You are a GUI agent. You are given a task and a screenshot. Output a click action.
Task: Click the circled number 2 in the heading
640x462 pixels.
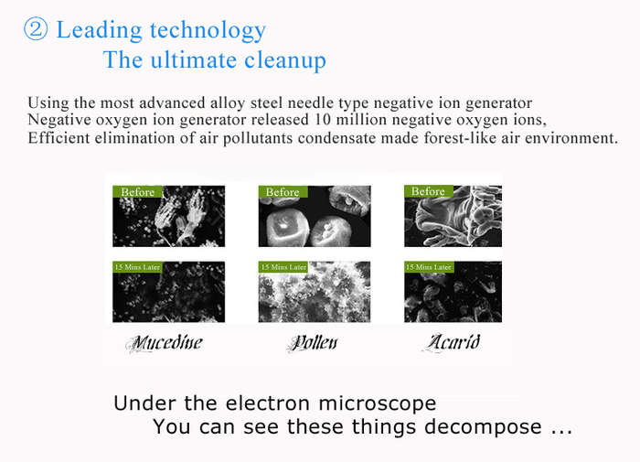[36, 29]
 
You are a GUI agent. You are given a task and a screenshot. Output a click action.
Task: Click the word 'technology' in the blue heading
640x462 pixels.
[208, 31]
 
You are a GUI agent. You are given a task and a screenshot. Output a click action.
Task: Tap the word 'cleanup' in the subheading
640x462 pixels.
[285, 61]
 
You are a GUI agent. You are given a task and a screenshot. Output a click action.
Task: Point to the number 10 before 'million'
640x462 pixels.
[322, 120]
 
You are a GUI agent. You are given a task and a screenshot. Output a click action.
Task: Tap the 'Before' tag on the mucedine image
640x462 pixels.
[137, 192]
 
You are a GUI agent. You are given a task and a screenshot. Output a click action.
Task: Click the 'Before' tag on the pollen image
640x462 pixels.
[283, 192]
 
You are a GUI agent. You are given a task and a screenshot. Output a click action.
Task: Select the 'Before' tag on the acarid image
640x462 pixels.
[428, 191]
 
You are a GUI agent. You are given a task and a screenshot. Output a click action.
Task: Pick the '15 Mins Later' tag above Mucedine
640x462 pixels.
[137, 267]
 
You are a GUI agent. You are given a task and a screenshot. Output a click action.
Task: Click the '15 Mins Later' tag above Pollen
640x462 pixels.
[283, 267]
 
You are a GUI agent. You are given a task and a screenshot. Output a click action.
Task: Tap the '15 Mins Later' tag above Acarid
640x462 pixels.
[429, 267]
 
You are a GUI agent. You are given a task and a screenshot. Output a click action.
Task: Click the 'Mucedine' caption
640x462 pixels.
[165, 343]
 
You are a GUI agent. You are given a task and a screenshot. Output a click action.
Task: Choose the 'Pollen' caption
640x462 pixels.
[313, 343]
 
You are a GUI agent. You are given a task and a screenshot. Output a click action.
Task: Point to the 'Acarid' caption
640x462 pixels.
[453, 342]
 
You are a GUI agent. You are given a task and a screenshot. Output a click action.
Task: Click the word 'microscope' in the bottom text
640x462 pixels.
[377, 404]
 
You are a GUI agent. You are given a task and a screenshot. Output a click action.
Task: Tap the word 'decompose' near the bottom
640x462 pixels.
[483, 427]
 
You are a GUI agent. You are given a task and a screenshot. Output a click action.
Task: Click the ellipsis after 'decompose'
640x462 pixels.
[561, 432]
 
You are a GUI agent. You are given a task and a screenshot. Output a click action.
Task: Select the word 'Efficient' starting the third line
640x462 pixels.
[59, 137]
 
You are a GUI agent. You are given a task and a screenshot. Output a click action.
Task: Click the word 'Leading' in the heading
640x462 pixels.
[99, 31]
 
